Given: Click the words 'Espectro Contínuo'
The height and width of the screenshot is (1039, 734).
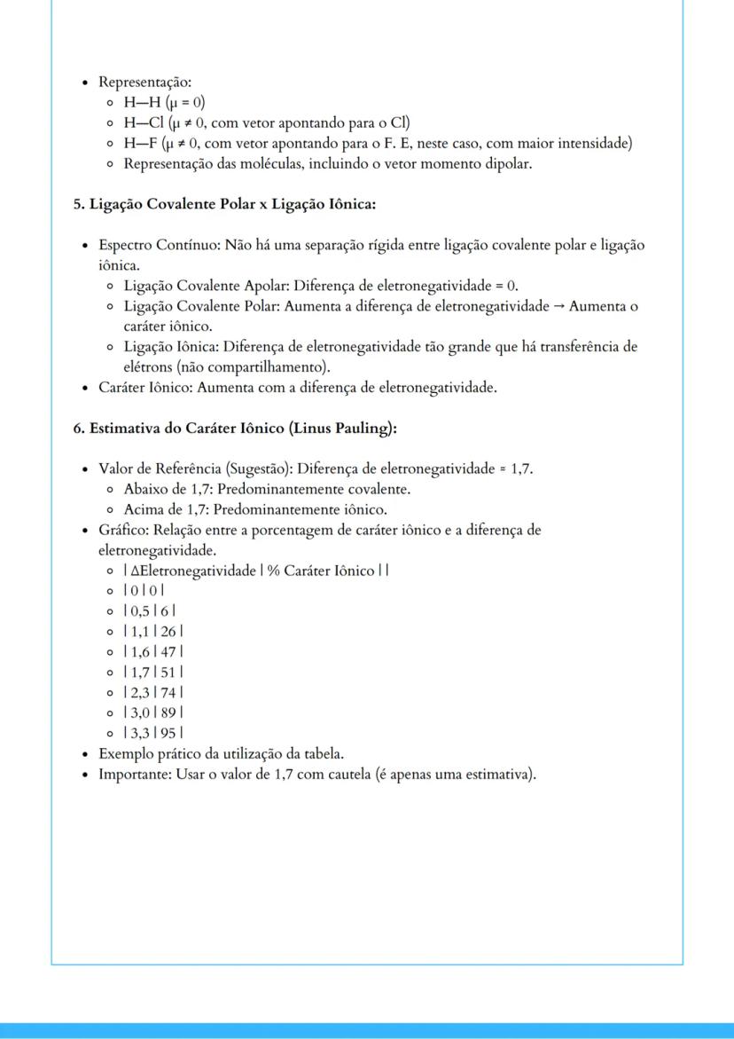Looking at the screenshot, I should click(x=158, y=245).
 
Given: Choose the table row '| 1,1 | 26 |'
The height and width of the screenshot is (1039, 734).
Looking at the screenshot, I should click(x=153, y=631).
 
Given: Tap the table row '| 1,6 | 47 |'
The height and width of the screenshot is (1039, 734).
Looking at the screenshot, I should click(x=153, y=651).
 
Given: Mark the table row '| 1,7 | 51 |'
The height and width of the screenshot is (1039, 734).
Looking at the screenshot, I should click(x=153, y=672).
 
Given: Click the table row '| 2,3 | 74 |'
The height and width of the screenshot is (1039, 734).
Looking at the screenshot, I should click(x=153, y=692).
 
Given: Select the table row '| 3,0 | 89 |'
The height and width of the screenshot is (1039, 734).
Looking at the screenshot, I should click(x=153, y=712).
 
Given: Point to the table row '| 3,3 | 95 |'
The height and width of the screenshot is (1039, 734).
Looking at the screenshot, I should click(x=153, y=733).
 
